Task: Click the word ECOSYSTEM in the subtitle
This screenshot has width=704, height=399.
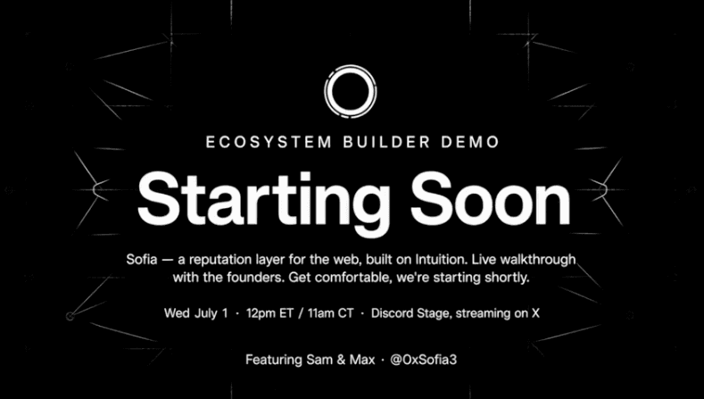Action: coord(269,142)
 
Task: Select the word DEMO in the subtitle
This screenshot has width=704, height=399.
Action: coord(470,142)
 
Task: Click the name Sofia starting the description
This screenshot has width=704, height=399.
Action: coord(142,259)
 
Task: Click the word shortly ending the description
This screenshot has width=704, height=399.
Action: coord(507,278)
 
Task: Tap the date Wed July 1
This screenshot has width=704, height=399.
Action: coord(195,313)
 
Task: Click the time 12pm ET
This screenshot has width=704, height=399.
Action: coord(269,313)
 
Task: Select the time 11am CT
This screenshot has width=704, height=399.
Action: coord(330,313)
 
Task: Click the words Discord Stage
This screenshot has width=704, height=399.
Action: coord(410,313)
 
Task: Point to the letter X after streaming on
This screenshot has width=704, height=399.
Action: coord(535,313)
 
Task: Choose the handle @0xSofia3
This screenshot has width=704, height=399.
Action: coord(424,360)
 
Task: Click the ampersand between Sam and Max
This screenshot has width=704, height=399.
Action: coord(340,360)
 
